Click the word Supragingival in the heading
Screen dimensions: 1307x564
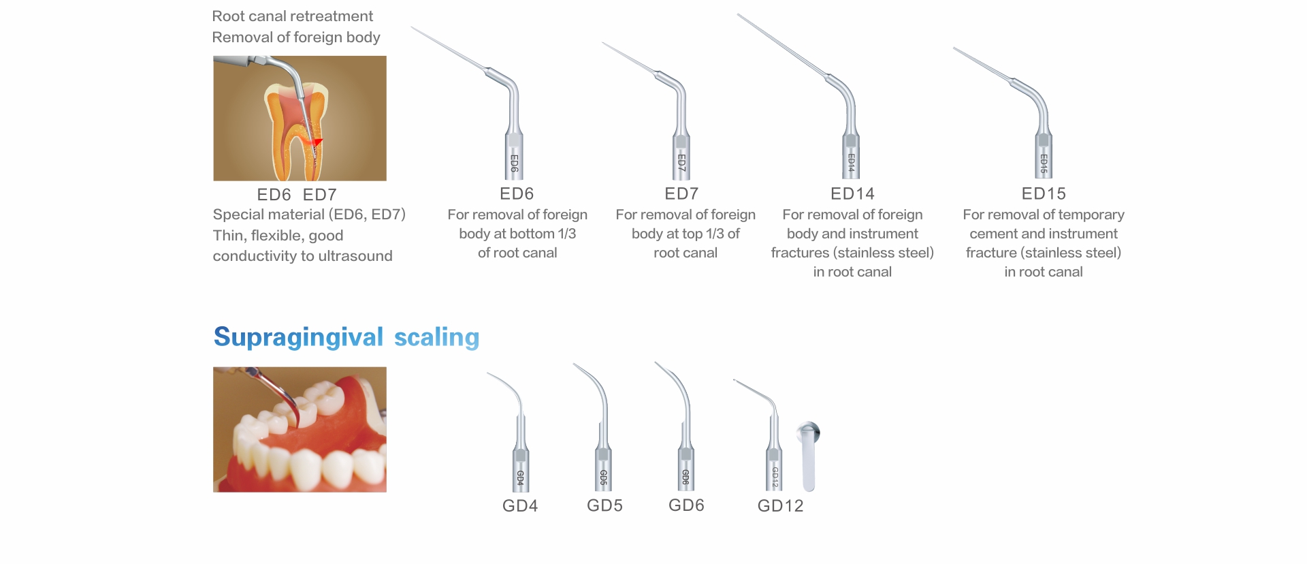299,338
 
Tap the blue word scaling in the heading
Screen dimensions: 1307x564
437,338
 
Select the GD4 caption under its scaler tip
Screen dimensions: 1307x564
520,505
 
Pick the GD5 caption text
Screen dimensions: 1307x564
604,505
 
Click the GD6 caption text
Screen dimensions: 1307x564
686,505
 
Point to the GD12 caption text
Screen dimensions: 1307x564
781,505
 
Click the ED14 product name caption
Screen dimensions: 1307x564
852,193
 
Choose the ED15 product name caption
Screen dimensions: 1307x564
1044,193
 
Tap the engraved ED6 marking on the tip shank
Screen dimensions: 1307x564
515,163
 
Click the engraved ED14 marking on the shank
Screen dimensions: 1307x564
851,162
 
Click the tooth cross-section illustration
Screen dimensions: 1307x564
300,119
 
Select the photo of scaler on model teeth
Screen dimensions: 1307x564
300,430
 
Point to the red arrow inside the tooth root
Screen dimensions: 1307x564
317,142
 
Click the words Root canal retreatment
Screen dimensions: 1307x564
293,16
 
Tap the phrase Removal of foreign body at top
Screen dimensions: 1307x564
296,37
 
